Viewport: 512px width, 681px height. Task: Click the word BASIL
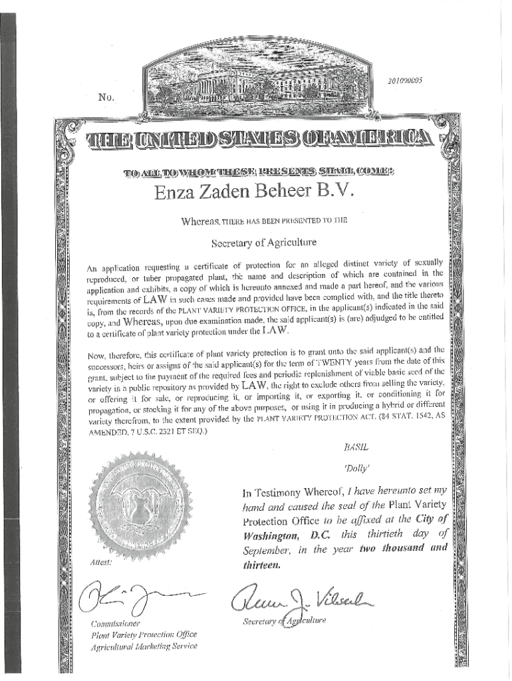pos(351,448)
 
